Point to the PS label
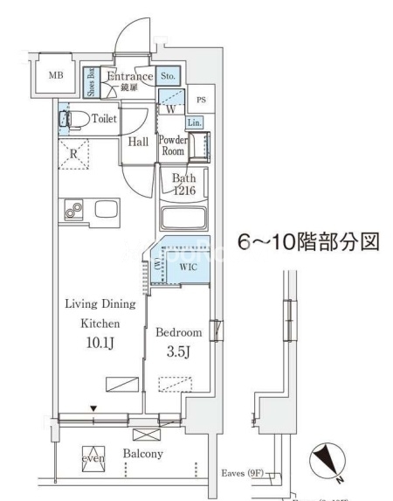[x=200, y=101]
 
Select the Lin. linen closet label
[x=194, y=123]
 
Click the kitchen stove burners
[x=72, y=211]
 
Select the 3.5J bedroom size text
[x=178, y=352]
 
